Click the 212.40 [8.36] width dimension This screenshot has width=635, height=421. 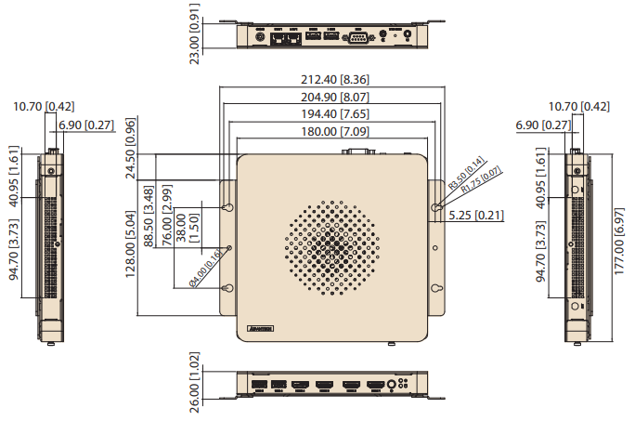click(x=329, y=79)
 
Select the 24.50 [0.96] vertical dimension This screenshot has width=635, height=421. click(x=131, y=148)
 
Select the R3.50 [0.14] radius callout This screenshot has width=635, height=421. click(x=466, y=174)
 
